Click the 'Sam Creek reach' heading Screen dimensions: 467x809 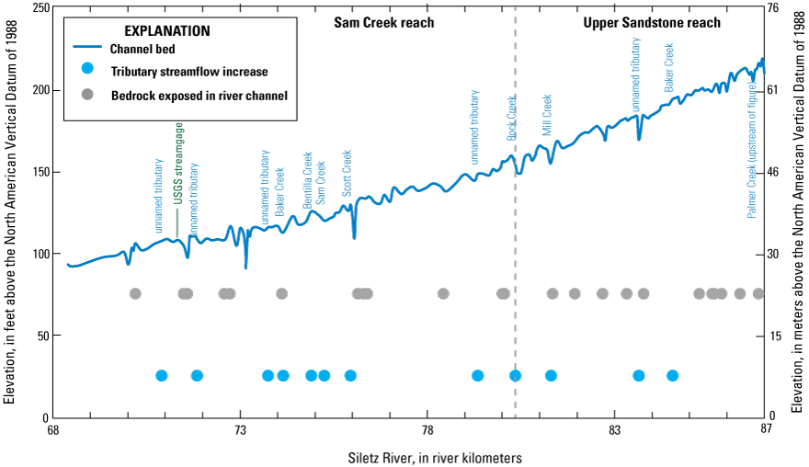point(383,22)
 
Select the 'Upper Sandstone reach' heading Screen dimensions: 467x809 point(646,22)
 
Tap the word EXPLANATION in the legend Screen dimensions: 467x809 point(166,30)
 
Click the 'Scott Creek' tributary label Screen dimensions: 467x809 point(348,173)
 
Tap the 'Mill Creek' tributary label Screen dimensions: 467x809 point(547,115)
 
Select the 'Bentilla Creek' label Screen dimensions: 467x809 point(308,180)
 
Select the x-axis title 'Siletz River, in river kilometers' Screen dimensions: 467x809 point(409,457)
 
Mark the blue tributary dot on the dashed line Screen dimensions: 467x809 point(515,375)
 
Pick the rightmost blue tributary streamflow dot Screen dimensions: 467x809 point(672,375)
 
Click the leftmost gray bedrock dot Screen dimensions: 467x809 point(135,293)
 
